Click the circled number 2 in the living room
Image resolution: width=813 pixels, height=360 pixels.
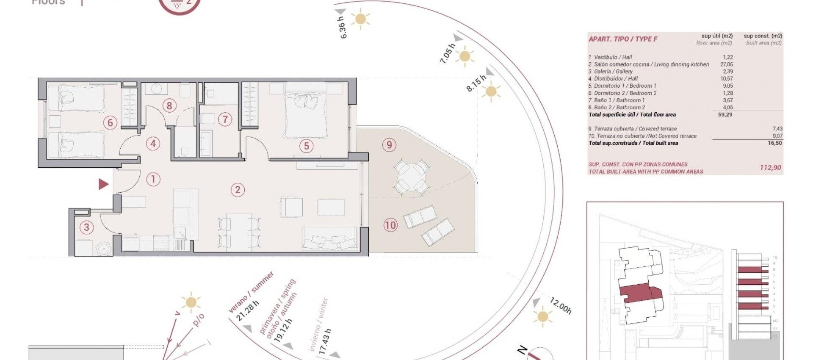tap(238, 190)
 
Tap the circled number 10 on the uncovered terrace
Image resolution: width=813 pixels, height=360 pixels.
tap(390, 225)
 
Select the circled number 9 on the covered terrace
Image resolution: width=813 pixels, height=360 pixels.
tap(389, 145)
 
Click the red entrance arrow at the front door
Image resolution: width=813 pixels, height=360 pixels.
tap(103, 184)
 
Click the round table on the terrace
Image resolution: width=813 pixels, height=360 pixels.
tap(409, 177)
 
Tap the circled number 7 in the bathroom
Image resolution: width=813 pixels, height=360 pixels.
tap(225, 119)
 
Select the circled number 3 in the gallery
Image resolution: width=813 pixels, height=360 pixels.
tap(87, 227)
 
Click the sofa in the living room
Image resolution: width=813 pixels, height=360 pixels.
tap(329, 239)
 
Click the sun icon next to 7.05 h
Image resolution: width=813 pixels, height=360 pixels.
tap(465, 56)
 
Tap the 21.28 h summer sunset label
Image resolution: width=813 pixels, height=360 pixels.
tap(247, 311)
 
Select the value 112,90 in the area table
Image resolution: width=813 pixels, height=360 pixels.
tap(770, 168)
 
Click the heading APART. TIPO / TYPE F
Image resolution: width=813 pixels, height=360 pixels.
tap(623, 39)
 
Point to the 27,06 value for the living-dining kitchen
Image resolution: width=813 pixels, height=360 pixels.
tap(726, 64)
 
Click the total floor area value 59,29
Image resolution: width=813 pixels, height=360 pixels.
tap(725, 115)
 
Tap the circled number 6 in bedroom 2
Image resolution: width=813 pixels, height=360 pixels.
tap(110, 123)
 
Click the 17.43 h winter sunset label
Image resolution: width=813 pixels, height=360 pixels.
tap(324, 341)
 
